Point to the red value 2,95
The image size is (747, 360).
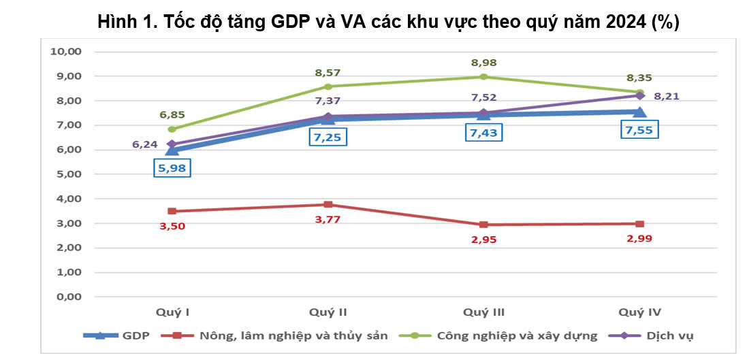click(483, 239)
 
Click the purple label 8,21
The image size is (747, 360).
click(665, 96)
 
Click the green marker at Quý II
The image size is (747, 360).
click(328, 86)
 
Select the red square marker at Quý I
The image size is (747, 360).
click(172, 211)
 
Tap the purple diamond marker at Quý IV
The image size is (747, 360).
click(640, 95)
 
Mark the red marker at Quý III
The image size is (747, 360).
click(483, 225)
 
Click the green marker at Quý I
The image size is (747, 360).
click(172, 129)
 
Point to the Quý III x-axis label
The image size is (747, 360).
click(483, 312)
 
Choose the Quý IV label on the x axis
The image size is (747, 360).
click(639, 312)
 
